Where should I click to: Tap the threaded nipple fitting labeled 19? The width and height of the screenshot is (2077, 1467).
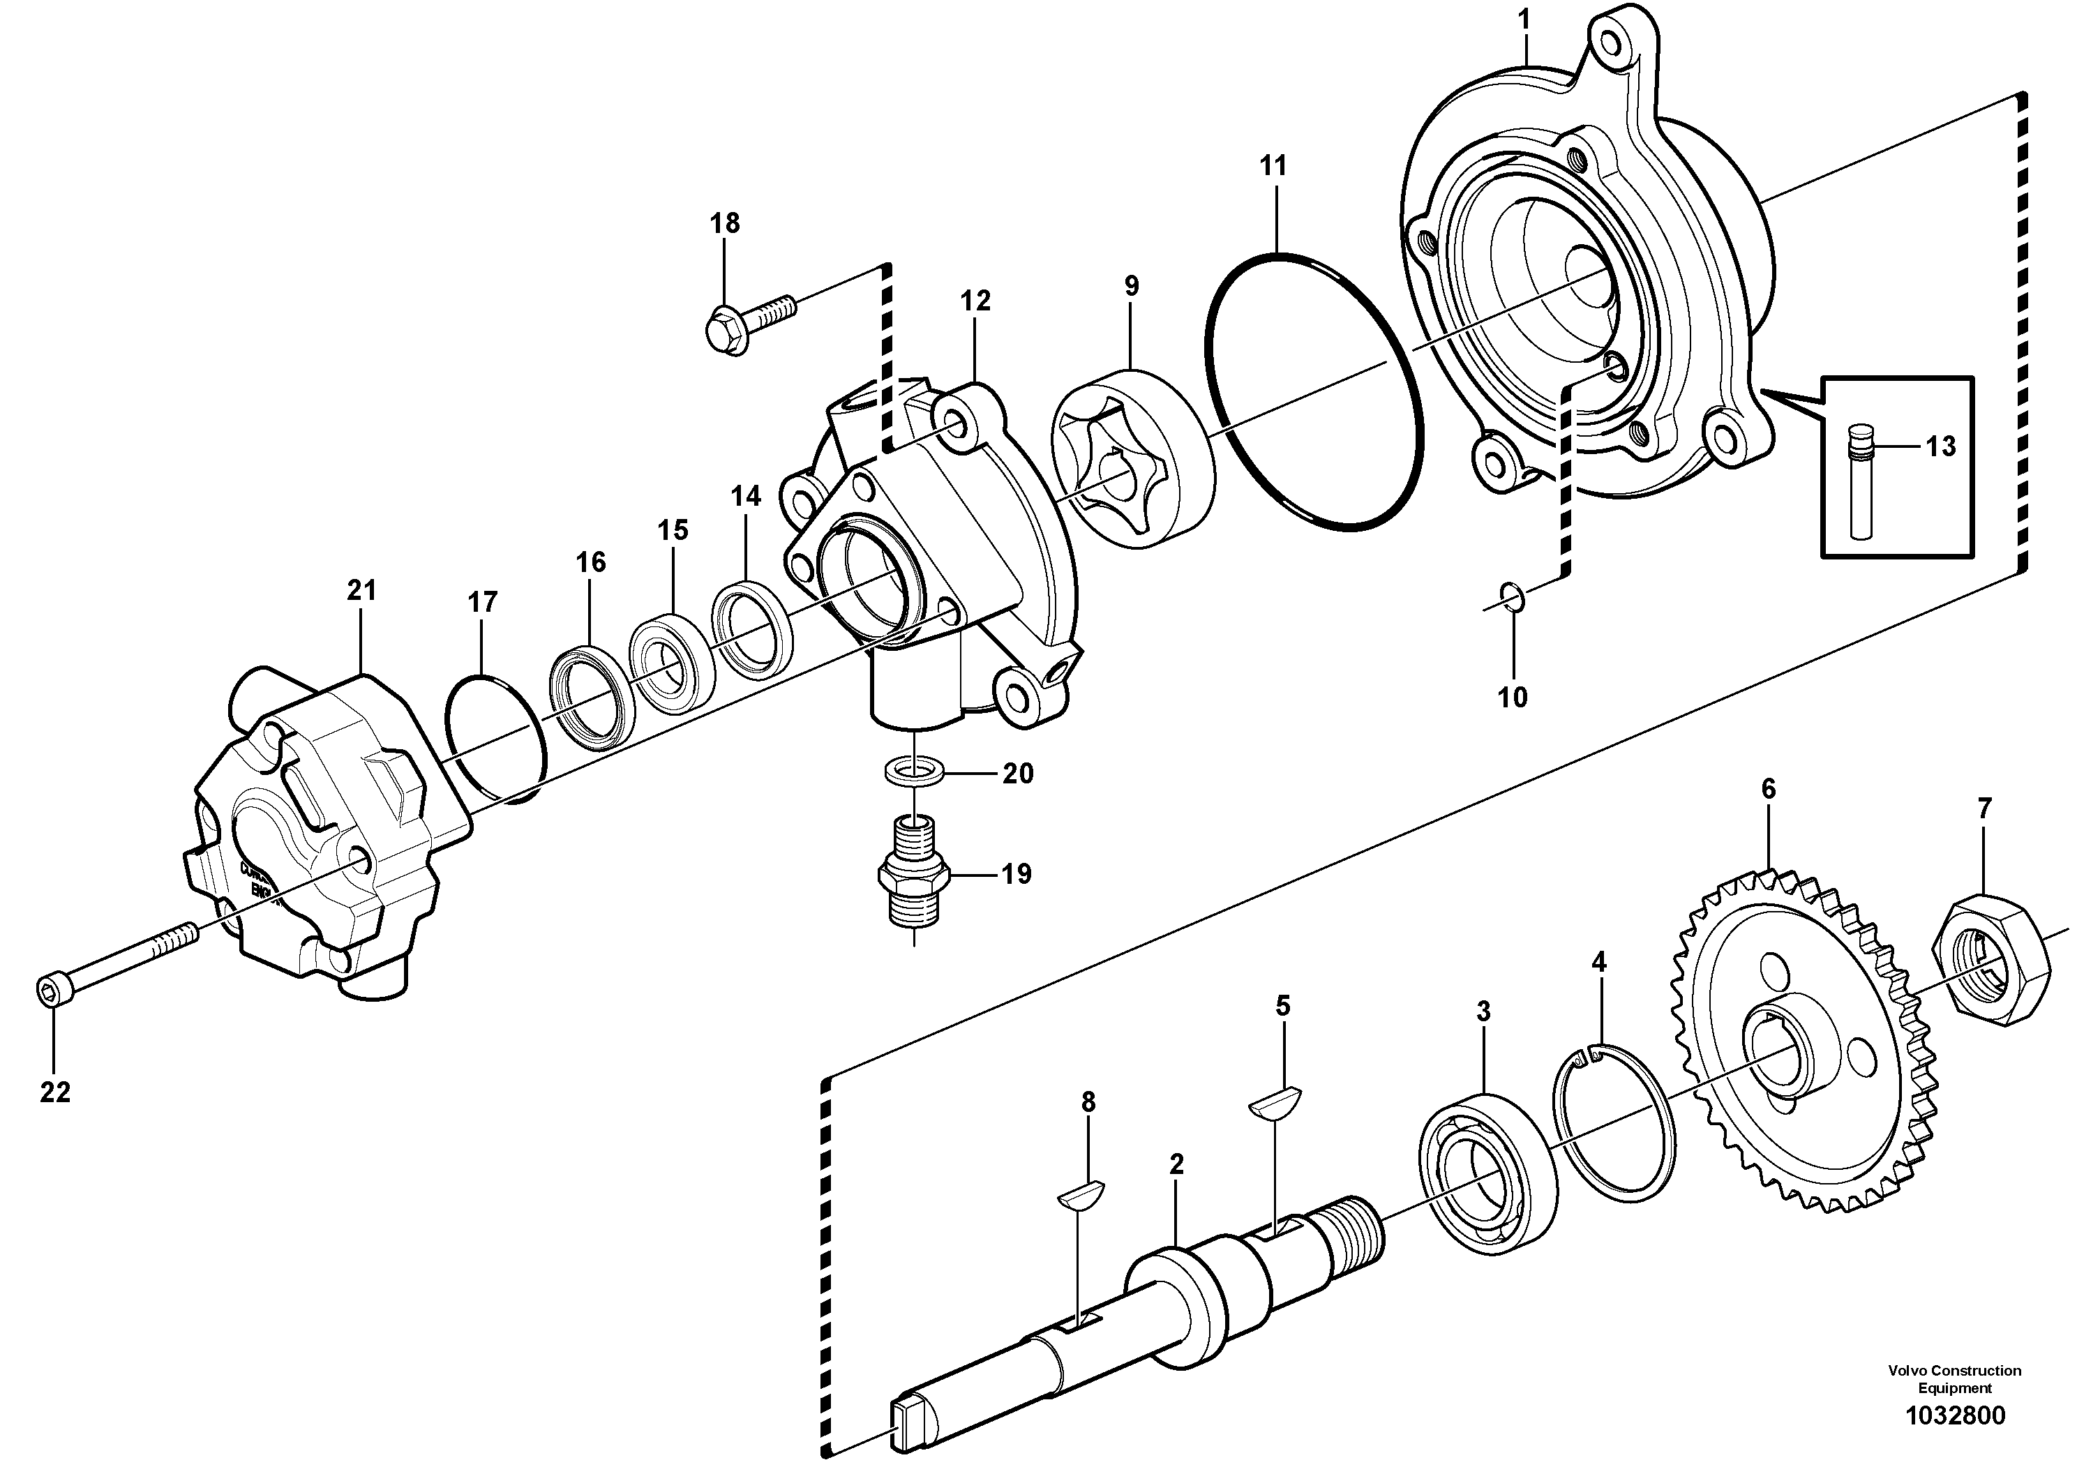coord(914,878)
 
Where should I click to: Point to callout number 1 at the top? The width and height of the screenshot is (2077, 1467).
coord(1524,19)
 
